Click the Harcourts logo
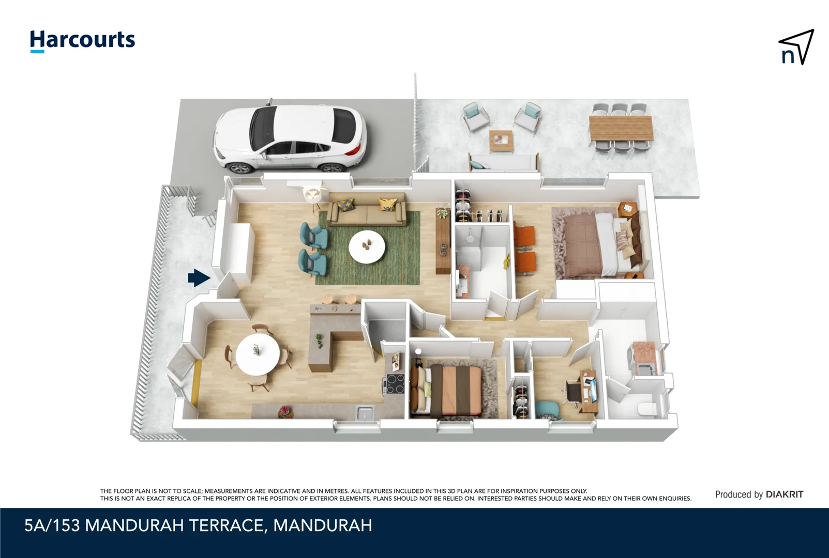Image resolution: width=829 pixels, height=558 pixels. pyautogui.click(x=82, y=41)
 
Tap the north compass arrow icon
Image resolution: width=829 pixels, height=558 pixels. pyautogui.click(x=796, y=47)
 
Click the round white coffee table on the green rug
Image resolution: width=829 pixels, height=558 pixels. pyautogui.click(x=367, y=247)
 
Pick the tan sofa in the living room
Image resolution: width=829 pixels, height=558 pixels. pyautogui.click(x=366, y=211)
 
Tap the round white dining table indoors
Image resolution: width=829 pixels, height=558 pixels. pyautogui.click(x=258, y=354)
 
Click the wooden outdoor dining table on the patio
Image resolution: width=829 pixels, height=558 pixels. pyautogui.click(x=621, y=128)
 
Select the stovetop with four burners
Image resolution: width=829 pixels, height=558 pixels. pyautogui.click(x=395, y=383)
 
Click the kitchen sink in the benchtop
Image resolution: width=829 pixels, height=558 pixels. pyautogui.click(x=365, y=412)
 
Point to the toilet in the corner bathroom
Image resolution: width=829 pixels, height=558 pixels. pyautogui.click(x=646, y=409)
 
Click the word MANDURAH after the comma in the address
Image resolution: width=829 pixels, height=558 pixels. pyautogui.click(x=323, y=525)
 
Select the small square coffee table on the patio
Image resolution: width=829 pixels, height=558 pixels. pyautogui.click(x=501, y=139)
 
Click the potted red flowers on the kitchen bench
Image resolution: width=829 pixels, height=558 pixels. pyautogui.click(x=284, y=412)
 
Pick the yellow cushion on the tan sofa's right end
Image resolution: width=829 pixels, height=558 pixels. pyautogui.click(x=387, y=204)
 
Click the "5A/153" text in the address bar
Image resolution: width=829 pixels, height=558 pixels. pyautogui.click(x=52, y=525)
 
